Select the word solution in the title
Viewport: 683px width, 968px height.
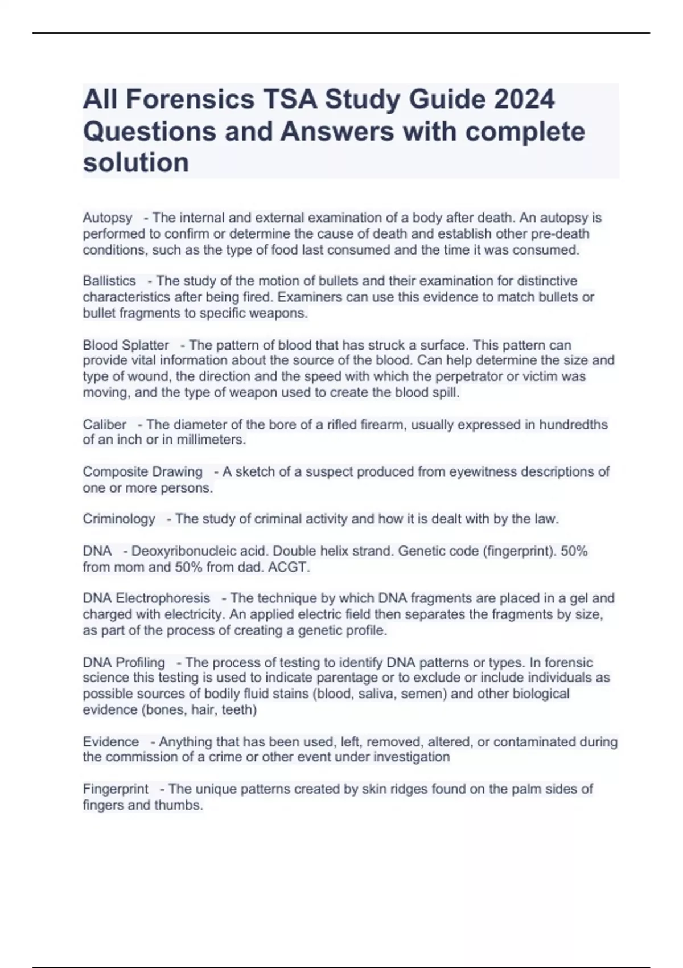click(135, 162)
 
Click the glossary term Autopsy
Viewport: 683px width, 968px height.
click(107, 218)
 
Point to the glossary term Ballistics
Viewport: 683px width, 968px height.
click(109, 281)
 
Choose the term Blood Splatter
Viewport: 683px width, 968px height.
click(126, 345)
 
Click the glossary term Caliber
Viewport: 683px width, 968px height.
click(104, 424)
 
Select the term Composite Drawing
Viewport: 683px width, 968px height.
click(142, 471)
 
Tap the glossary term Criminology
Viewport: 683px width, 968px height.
click(118, 519)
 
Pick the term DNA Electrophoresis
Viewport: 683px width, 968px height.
click(146, 598)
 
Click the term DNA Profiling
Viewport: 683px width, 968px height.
click(124, 662)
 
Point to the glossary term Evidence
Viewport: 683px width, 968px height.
click(110, 741)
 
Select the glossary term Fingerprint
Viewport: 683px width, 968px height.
click(115, 789)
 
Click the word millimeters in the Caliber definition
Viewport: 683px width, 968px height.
click(210, 440)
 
